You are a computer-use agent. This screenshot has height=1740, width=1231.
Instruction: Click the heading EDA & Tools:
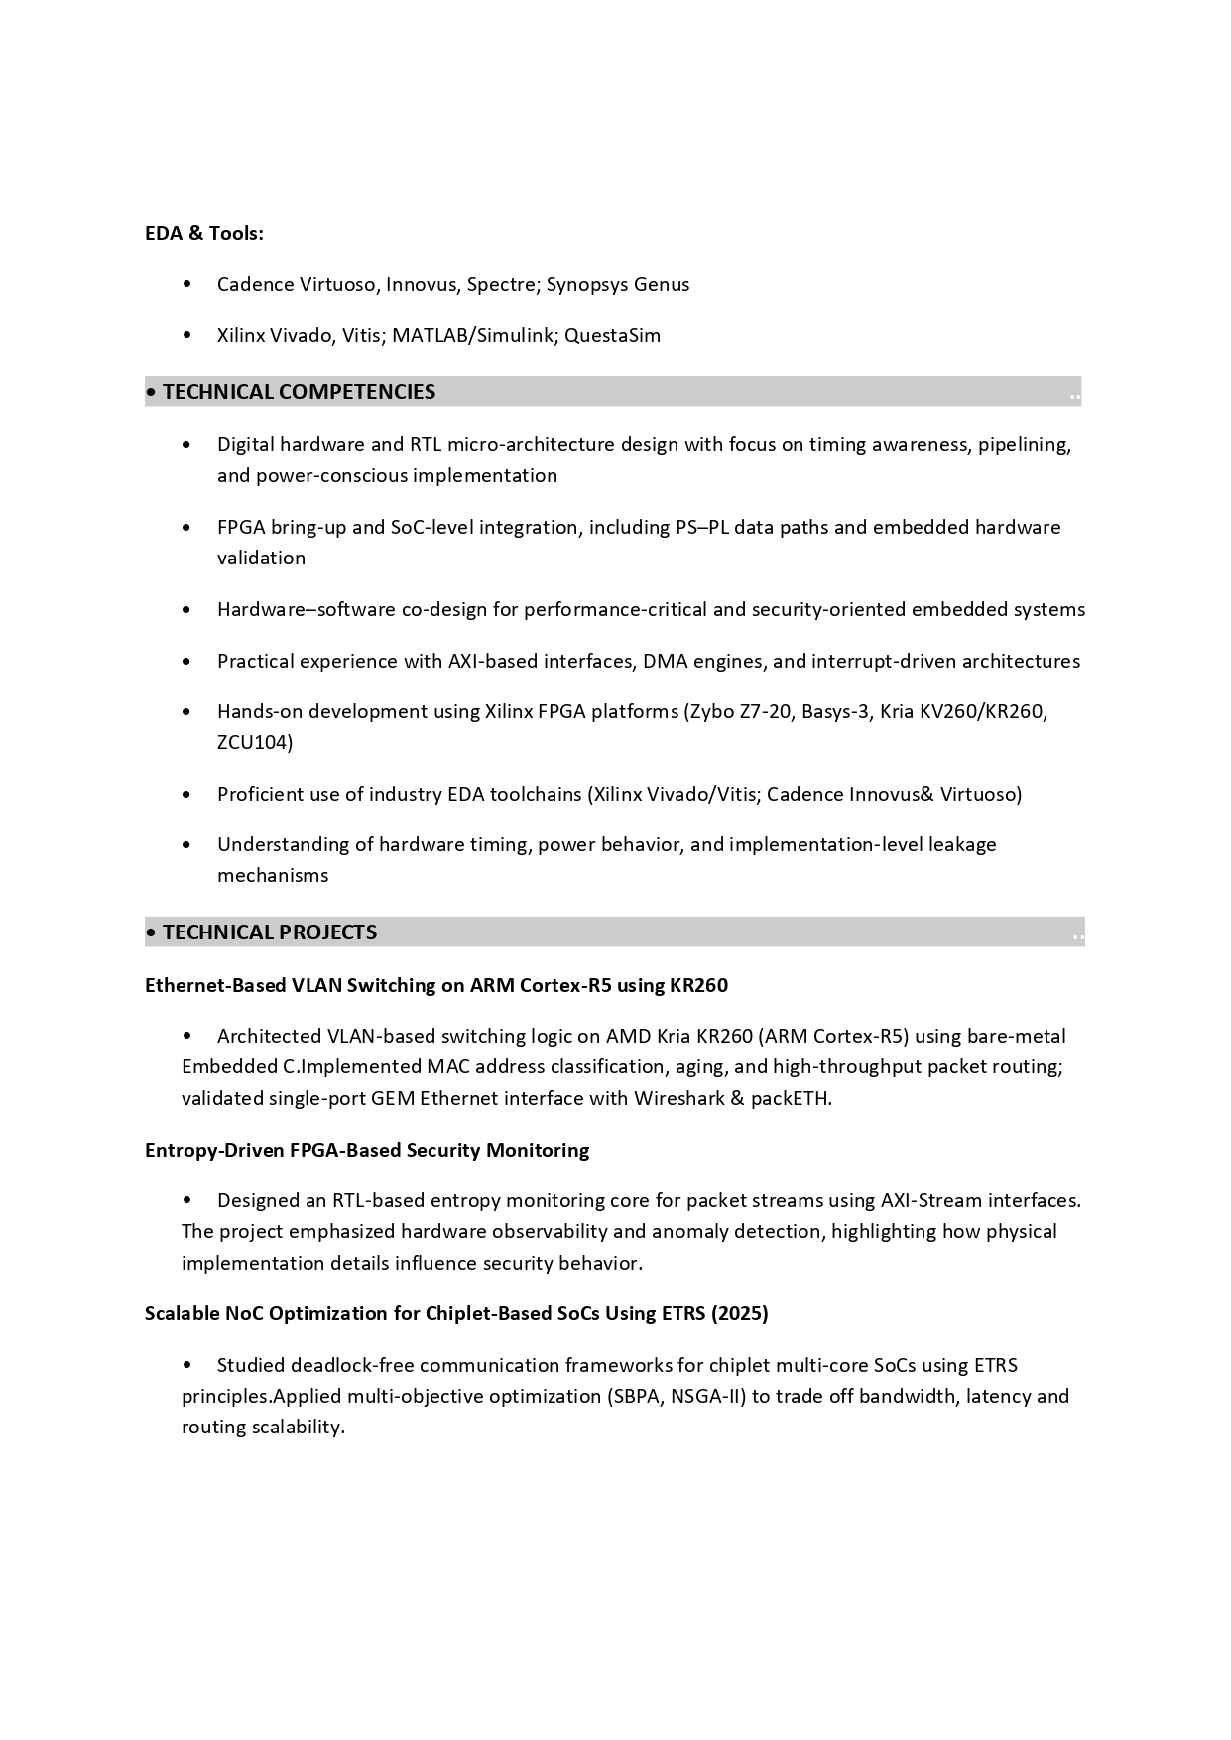point(204,233)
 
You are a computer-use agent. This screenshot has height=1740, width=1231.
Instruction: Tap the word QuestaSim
point(612,335)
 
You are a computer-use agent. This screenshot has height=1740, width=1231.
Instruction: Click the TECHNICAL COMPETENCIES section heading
point(299,392)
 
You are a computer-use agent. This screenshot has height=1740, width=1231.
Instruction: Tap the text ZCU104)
point(255,742)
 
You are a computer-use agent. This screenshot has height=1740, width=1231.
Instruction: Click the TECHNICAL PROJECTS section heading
point(270,932)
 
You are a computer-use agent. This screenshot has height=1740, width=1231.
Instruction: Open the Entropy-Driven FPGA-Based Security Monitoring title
point(367,1150)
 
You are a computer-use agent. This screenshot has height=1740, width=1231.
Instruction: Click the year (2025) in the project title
point(740,1313)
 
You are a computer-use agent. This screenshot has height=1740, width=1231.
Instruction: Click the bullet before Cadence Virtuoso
point(187,285)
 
